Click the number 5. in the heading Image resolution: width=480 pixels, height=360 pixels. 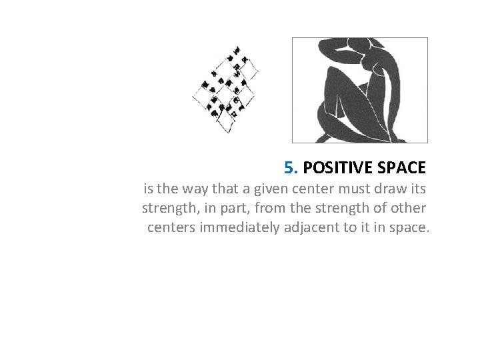[291, 166]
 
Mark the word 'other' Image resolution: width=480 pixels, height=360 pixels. [408, 207]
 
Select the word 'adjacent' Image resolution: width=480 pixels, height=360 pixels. [313, 228]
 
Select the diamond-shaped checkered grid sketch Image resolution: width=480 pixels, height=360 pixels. [226, 88]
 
